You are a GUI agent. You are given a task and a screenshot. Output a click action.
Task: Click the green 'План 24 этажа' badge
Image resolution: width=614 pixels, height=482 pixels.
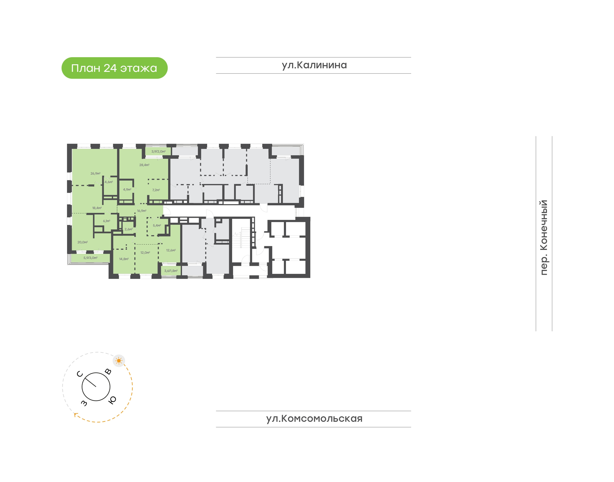point(115,68)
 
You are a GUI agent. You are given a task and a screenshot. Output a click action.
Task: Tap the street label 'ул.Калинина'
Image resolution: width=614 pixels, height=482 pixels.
point(314,65)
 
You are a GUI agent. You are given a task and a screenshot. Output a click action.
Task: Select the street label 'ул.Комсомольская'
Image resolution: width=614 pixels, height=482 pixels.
point(314,418)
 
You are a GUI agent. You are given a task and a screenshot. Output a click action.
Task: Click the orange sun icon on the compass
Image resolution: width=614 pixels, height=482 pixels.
point(119,361)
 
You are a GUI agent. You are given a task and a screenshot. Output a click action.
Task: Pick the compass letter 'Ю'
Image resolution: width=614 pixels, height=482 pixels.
point(112,400)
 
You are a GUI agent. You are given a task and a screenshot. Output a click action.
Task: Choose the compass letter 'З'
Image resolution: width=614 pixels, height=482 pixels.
point(84,403)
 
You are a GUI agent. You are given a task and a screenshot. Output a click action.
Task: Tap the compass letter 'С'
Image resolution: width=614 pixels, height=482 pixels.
point(80,374)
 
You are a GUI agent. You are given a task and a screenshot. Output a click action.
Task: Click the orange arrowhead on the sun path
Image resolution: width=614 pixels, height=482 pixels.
point(76,415)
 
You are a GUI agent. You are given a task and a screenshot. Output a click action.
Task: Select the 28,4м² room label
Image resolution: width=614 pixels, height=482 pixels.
point(144,165)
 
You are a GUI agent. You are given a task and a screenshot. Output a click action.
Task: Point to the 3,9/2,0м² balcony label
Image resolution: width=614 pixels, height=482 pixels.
point(158,151)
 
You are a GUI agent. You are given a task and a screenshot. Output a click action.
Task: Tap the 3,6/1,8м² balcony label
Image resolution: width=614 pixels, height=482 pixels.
point(171,271)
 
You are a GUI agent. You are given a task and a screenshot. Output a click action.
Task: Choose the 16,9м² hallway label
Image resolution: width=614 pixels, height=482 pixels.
point(142,211)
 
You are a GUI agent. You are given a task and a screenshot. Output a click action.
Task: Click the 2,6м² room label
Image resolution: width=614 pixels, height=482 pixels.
point(129,229)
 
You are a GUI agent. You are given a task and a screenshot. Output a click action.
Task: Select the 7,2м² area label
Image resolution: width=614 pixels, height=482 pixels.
point(156,190)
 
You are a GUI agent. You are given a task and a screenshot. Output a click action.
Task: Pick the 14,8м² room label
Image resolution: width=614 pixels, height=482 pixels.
point(124,259)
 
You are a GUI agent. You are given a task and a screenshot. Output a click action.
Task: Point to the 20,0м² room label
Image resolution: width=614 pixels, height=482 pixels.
point(83,242)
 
